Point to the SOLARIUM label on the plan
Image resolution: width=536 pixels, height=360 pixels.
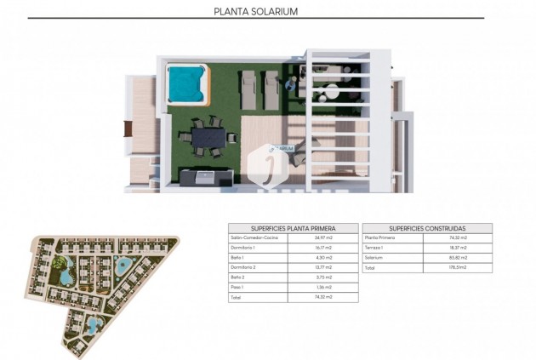282,148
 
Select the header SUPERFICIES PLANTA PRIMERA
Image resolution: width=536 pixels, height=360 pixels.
292,229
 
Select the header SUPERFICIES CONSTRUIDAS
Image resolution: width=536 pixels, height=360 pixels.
426,229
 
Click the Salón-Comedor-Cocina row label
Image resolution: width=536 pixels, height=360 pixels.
254,238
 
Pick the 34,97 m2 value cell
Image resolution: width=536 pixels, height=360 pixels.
323,238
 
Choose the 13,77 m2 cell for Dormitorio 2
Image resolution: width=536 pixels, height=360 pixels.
323,267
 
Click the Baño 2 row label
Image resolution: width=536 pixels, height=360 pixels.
238,277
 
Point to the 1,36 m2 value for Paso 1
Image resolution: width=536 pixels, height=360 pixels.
322,288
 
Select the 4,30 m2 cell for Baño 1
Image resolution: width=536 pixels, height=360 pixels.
322,258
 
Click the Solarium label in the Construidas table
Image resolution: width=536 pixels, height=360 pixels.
375,258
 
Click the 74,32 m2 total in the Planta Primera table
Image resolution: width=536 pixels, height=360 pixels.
323,297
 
